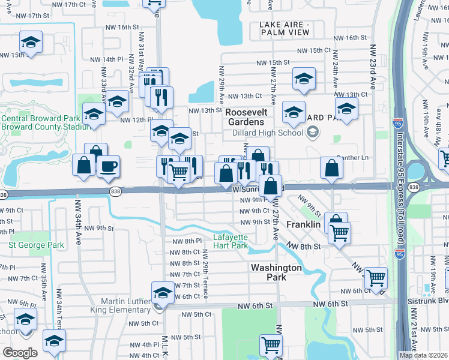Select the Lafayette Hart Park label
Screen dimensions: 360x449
coord(231,241)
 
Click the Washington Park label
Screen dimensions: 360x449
coord(276,272)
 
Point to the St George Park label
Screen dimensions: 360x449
coord(36,245)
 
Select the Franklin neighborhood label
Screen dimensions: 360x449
coord(304,224)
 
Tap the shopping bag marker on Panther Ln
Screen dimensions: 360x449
coord(331,169)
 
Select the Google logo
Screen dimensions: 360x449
coord(20,352)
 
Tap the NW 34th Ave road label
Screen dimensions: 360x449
coord(77,222)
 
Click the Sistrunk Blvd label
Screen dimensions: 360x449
coord(435,298)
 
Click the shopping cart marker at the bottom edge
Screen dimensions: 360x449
coord(271,346)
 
